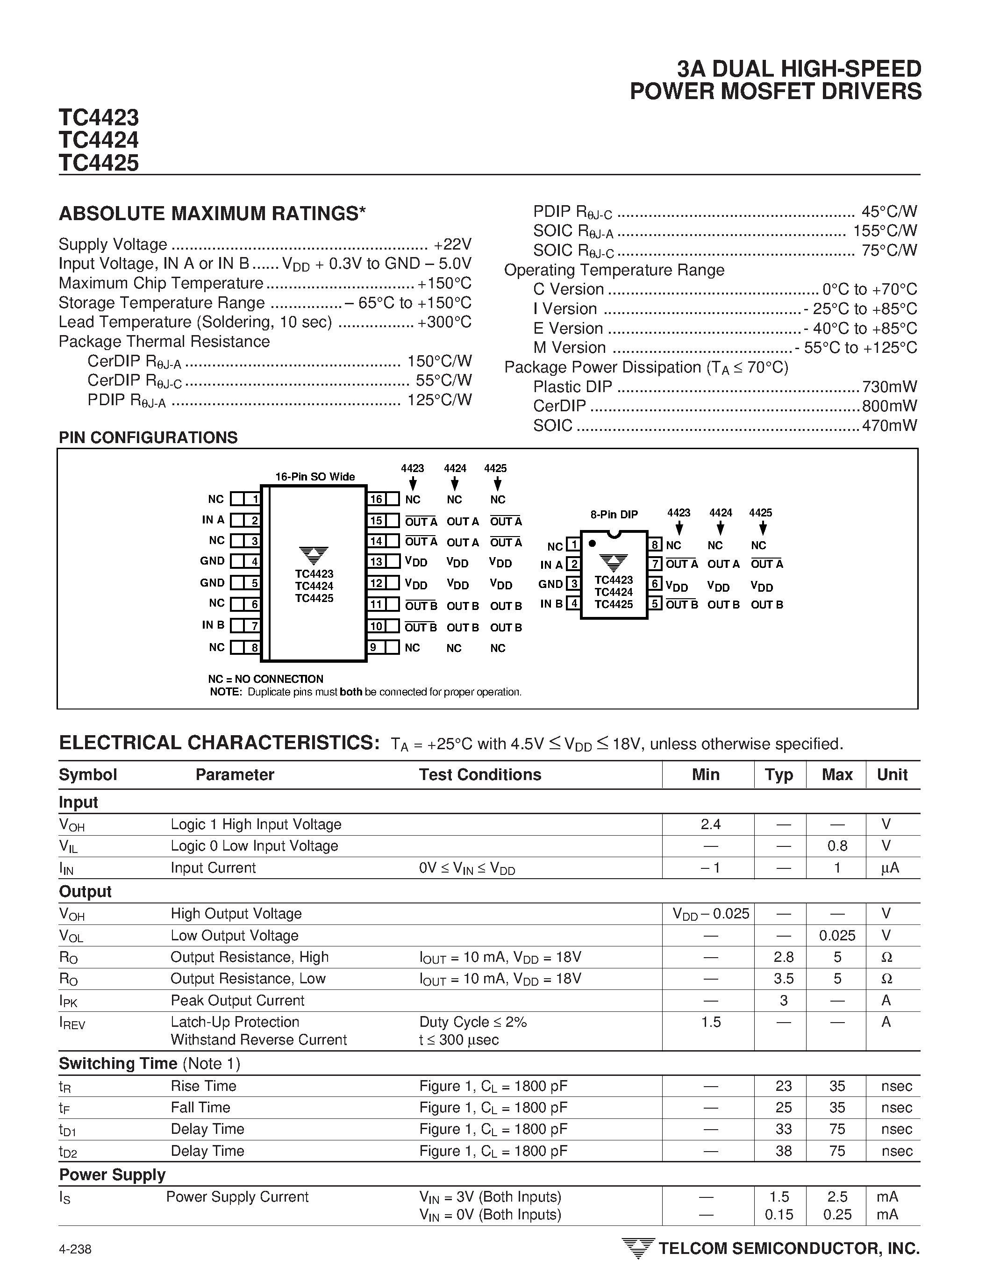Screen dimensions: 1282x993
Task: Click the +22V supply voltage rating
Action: pos(452,244)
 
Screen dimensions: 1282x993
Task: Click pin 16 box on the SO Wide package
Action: pos(376,500)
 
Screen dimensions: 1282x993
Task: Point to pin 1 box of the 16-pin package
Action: pos(254,500)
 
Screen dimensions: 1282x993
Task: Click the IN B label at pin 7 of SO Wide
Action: pos(213,625)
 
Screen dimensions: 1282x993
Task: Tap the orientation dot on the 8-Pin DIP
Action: pos(593,544)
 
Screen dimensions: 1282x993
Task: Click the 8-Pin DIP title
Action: pos(614,515)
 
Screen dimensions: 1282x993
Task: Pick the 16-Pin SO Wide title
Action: pos(315,477)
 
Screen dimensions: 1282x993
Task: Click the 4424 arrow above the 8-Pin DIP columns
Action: pos(721,528)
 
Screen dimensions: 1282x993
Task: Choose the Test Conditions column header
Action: pos(479,775)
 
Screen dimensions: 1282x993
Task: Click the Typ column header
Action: pos(779,775)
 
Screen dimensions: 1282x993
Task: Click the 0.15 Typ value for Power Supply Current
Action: pos(779,1215)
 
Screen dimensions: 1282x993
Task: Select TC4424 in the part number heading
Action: pos(99,140)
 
